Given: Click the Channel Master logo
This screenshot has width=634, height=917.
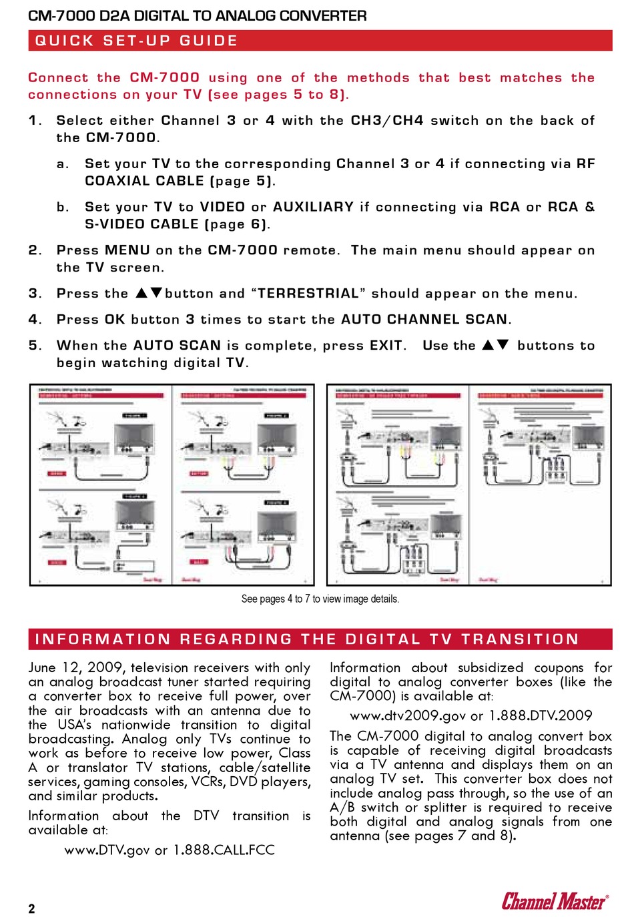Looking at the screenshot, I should click(x=555, y=902).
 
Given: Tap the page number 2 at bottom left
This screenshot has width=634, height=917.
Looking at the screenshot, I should click(x=32, y=908).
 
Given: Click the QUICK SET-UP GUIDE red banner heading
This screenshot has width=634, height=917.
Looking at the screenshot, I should click(x=136, y=41).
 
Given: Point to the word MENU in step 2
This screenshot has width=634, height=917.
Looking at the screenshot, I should click(x=127, y=250).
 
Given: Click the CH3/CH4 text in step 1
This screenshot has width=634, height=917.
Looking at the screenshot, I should click(x=387, y=121).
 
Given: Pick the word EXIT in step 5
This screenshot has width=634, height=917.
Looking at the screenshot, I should click(x=386, y=346).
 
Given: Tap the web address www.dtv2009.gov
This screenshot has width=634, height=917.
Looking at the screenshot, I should click(x=408, y=715).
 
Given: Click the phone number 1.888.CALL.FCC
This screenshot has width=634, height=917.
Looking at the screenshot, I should click(x=224, y=850).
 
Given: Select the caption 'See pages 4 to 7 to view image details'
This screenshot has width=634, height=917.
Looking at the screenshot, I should click(x=320, y=599).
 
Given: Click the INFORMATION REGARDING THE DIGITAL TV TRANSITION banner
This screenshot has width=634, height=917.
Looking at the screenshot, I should click(x=307, y=639).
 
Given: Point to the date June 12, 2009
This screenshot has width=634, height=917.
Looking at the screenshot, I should click(x=75, y=668).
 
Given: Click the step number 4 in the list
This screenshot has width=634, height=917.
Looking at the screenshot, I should click(x=34, y=320).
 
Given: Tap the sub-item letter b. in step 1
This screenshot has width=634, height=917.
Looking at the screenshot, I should click(x=63, y=207).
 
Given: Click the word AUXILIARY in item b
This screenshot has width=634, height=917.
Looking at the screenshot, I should click(x=313, y=207).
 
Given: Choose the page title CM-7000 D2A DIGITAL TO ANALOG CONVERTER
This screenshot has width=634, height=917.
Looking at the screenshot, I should click(x=198, y=15).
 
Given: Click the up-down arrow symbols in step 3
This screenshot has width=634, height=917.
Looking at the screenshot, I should click(x=149, y=293).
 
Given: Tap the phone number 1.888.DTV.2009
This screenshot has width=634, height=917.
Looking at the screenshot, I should click(x=541, y=715).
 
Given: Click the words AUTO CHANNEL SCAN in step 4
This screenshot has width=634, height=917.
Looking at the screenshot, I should click(x=424, y=320).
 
